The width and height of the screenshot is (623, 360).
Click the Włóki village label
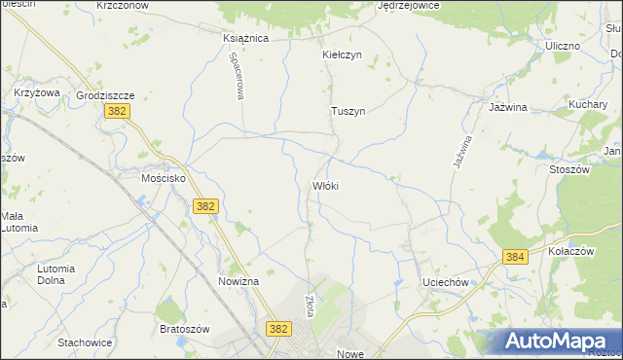tap(325, 186)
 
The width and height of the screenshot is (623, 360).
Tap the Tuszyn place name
tap(348, 112)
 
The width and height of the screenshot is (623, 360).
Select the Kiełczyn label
tap(342, 55)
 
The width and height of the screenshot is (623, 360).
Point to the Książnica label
tap(245, 39)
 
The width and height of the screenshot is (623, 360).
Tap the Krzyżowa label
tap(37, 92)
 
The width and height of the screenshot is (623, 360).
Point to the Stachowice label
tap(85, 342)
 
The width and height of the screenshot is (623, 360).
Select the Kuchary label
tap(588, 103)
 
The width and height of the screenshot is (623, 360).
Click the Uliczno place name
tap(563, 46)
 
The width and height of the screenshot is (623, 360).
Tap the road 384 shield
tap(515, 256)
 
